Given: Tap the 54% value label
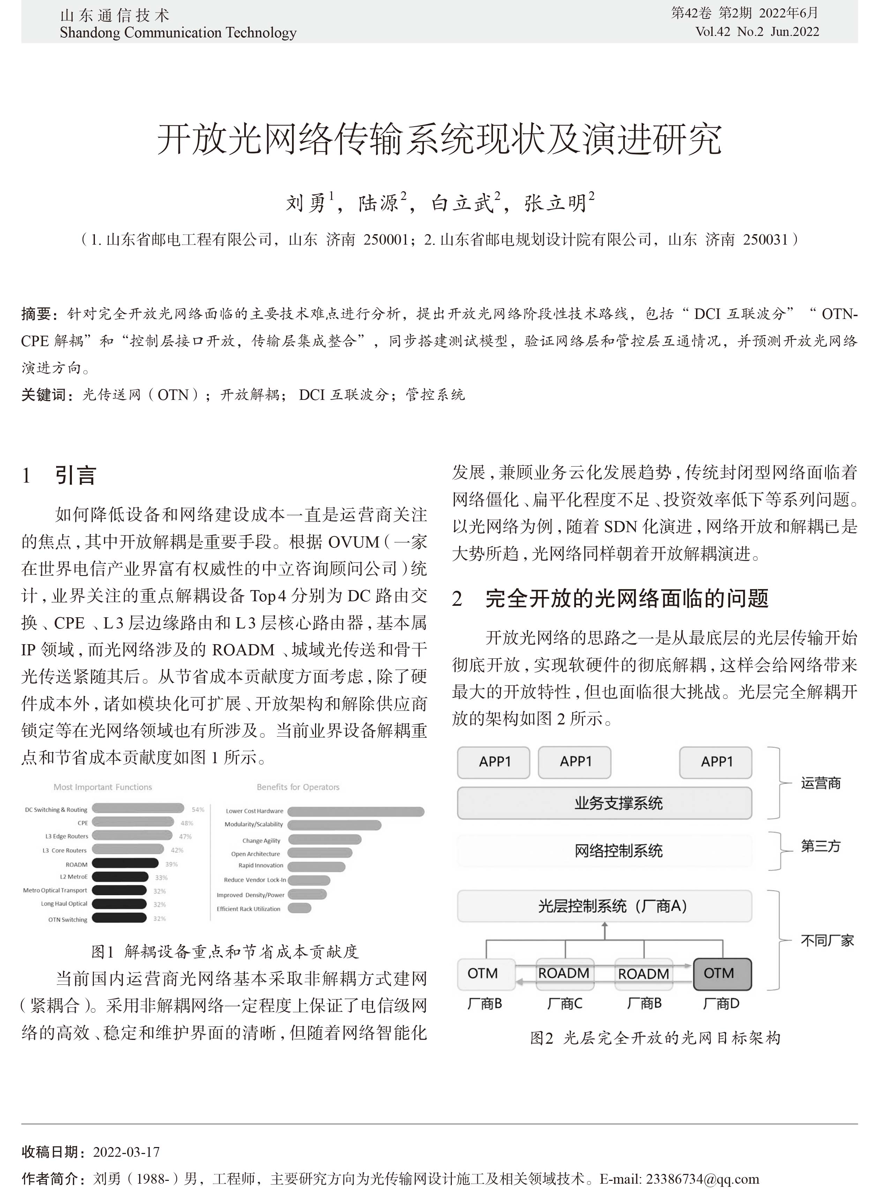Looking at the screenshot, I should pos(197,809).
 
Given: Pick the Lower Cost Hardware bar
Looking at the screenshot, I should pos(356,811).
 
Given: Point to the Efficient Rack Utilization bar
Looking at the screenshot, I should pos(299,908).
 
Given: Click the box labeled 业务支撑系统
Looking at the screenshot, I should pos(604,803).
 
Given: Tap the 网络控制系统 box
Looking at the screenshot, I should pos(604,851).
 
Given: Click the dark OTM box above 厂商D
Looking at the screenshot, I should pos(721,974).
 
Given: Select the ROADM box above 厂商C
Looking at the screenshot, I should pos(564,974).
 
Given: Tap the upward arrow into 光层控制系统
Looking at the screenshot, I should pos(604,930).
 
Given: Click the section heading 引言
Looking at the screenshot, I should pos(75,475).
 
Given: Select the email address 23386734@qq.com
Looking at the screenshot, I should pos(702,1179).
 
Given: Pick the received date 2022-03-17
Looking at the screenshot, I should pos(127,1152).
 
